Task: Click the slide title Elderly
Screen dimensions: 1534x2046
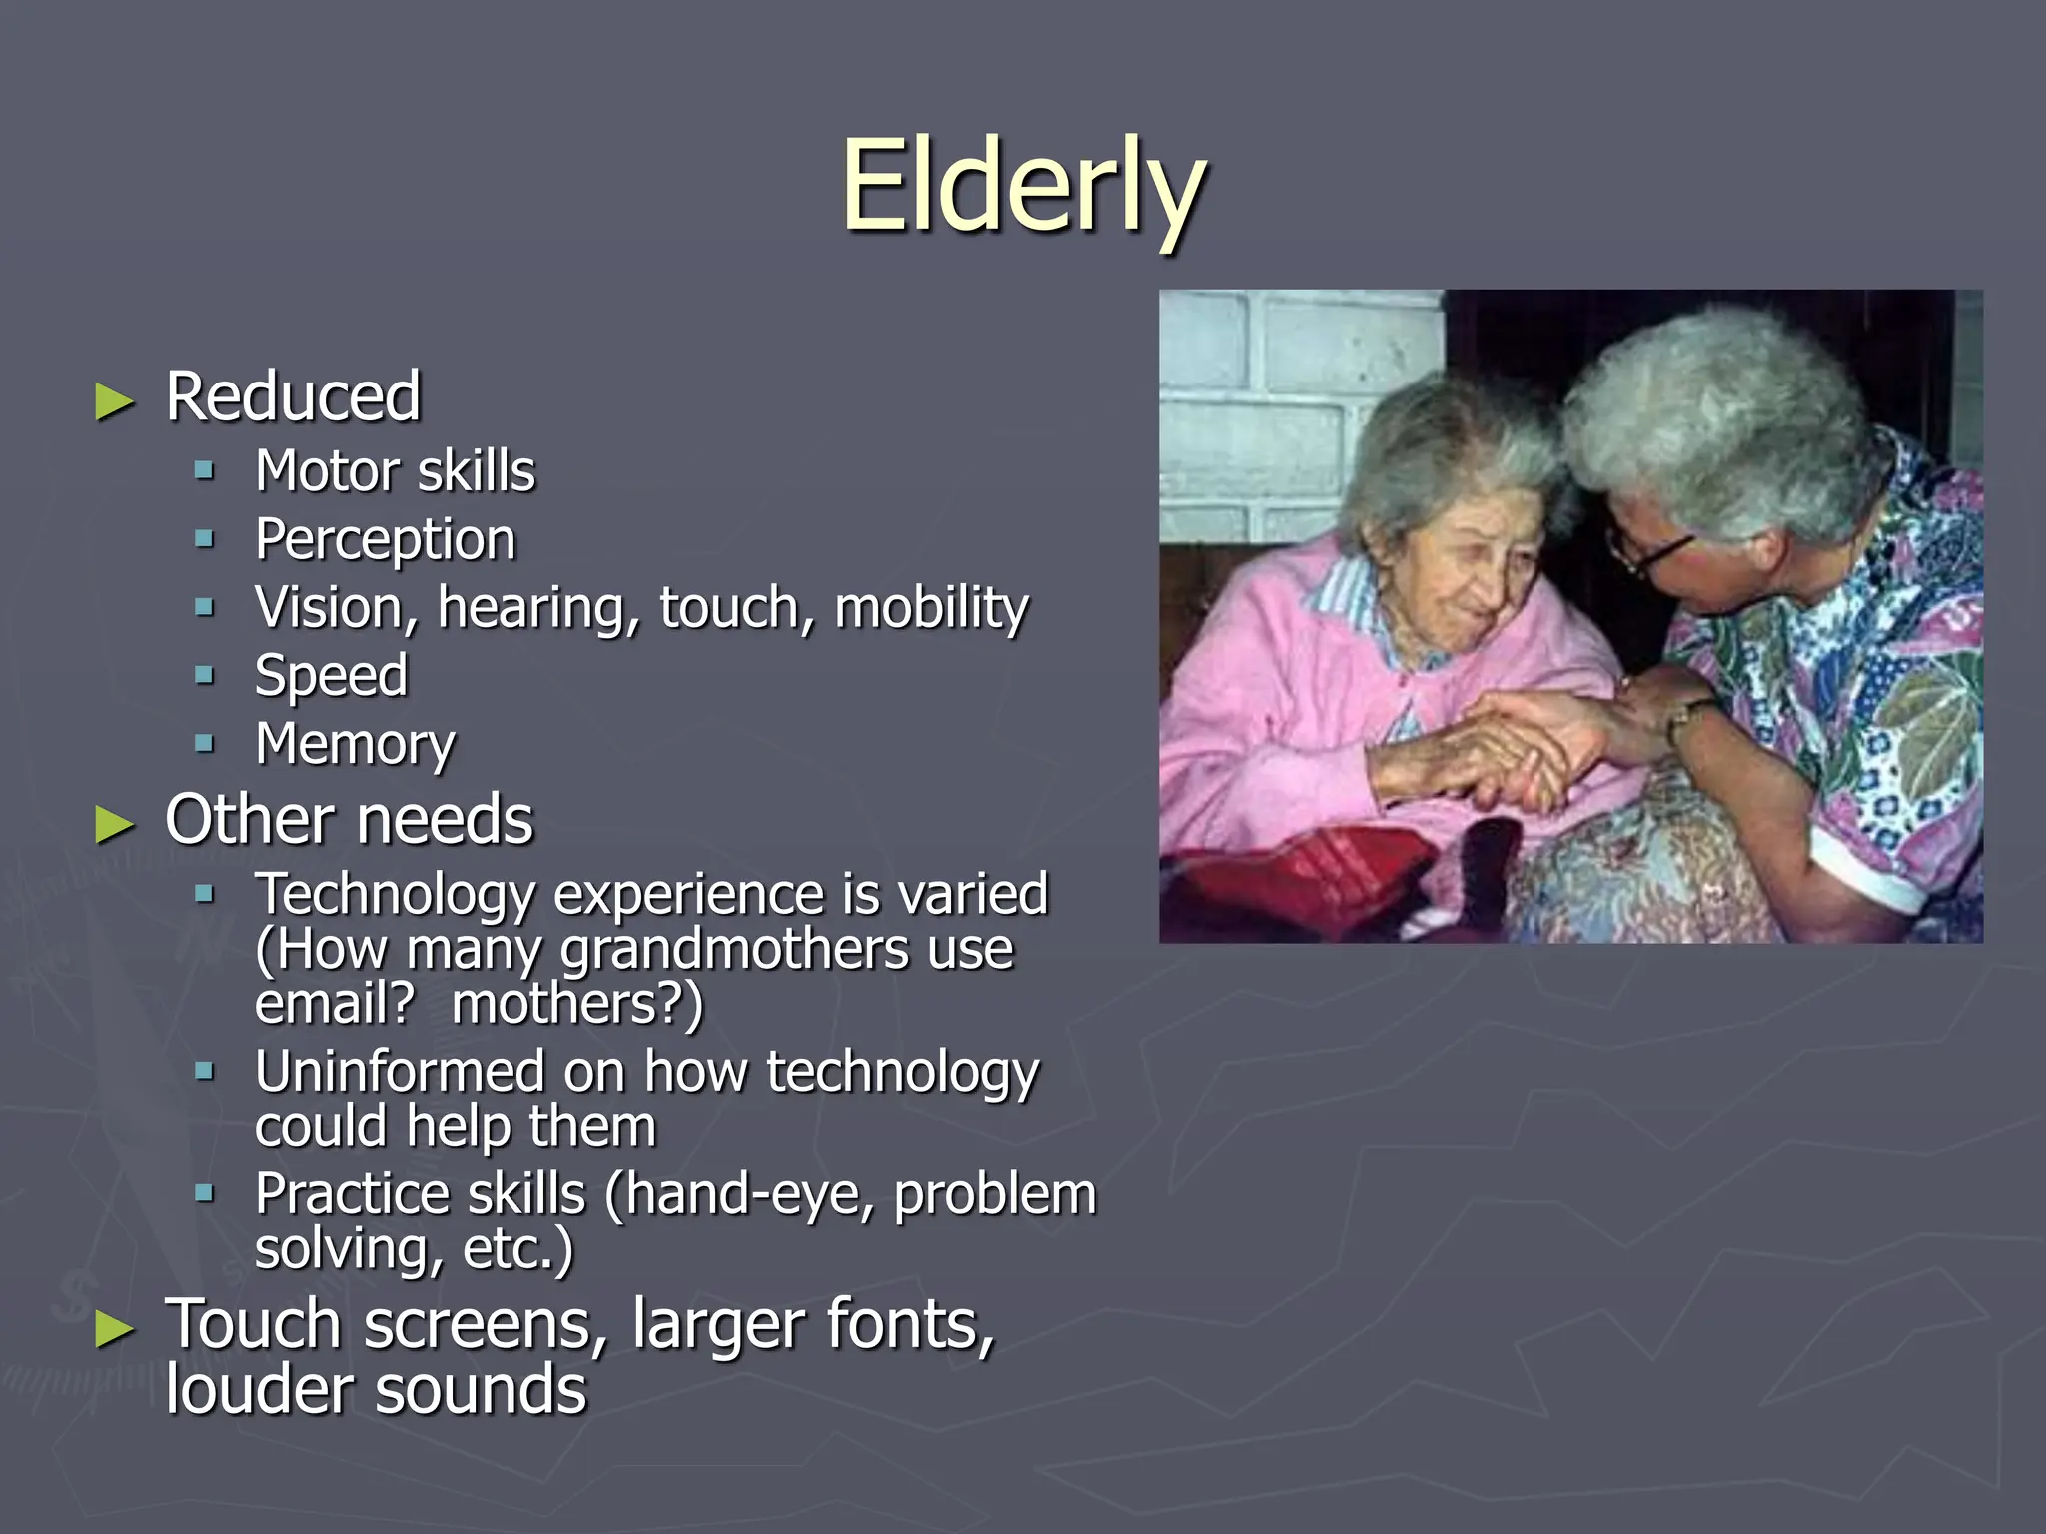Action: (x=1023, y=186)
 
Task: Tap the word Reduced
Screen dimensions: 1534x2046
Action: (x=293, y=396)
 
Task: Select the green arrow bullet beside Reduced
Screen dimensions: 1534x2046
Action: (x=115, y=402)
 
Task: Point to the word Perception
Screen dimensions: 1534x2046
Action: (x=385, y=540)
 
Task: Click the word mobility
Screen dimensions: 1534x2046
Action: (x=930, y=608)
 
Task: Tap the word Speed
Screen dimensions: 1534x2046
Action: (x=331, y=676)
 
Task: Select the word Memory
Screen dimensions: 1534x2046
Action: (x=355, y=745)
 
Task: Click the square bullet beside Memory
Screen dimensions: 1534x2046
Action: (x=205, y=743)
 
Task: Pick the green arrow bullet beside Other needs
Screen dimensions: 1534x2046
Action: (x=115, y=825)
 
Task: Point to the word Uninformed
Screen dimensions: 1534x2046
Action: (x=400, y=1072)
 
